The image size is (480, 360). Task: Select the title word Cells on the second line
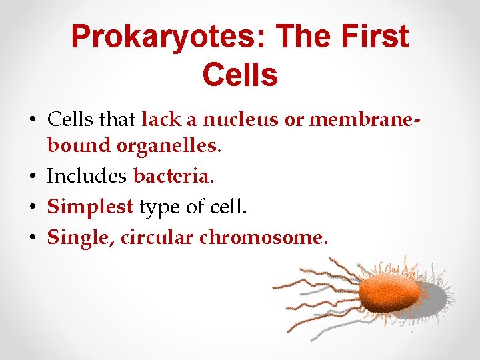pos(239,75)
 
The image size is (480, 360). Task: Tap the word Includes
pos(87,177)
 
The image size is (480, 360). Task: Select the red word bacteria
pos(171,177)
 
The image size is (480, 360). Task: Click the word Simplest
pos(90,207)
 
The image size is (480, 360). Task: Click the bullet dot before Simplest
pos(33,207)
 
